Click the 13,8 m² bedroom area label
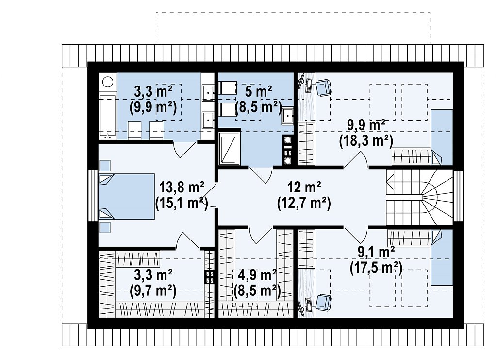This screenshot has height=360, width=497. click(x=182, y=188)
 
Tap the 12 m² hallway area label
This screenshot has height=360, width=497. click(x=304, y=187)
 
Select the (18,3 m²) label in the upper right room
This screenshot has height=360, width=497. click(x=366, y=140)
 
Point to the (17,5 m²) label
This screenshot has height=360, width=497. click(x=376, y=268)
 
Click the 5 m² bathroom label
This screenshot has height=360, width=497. click(x=258, y=91)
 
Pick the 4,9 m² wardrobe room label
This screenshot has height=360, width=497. click(x=257, y=275)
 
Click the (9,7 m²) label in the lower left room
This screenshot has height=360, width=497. click(x=153, y=291)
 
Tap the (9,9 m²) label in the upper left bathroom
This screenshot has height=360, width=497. click(x=153, y=108)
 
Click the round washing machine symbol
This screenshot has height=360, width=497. click(x=108, y=82)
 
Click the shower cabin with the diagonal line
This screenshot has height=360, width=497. click(x=230, y=149)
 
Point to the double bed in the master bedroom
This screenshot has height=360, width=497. click(x=127, y=196)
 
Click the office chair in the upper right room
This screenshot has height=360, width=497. click(x=323, y=87)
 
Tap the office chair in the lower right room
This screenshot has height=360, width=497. click(x=323, y=302)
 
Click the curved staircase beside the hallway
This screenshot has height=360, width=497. click(x=419, y=197)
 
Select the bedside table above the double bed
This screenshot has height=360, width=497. click(x=105, y=166)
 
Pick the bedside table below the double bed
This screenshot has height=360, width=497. click(x=105, y=227)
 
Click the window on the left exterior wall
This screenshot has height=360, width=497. click(x=93, y=195)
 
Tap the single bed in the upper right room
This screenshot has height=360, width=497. click(x=442, y=137)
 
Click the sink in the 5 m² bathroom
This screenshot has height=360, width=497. click(x=287, y=116)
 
